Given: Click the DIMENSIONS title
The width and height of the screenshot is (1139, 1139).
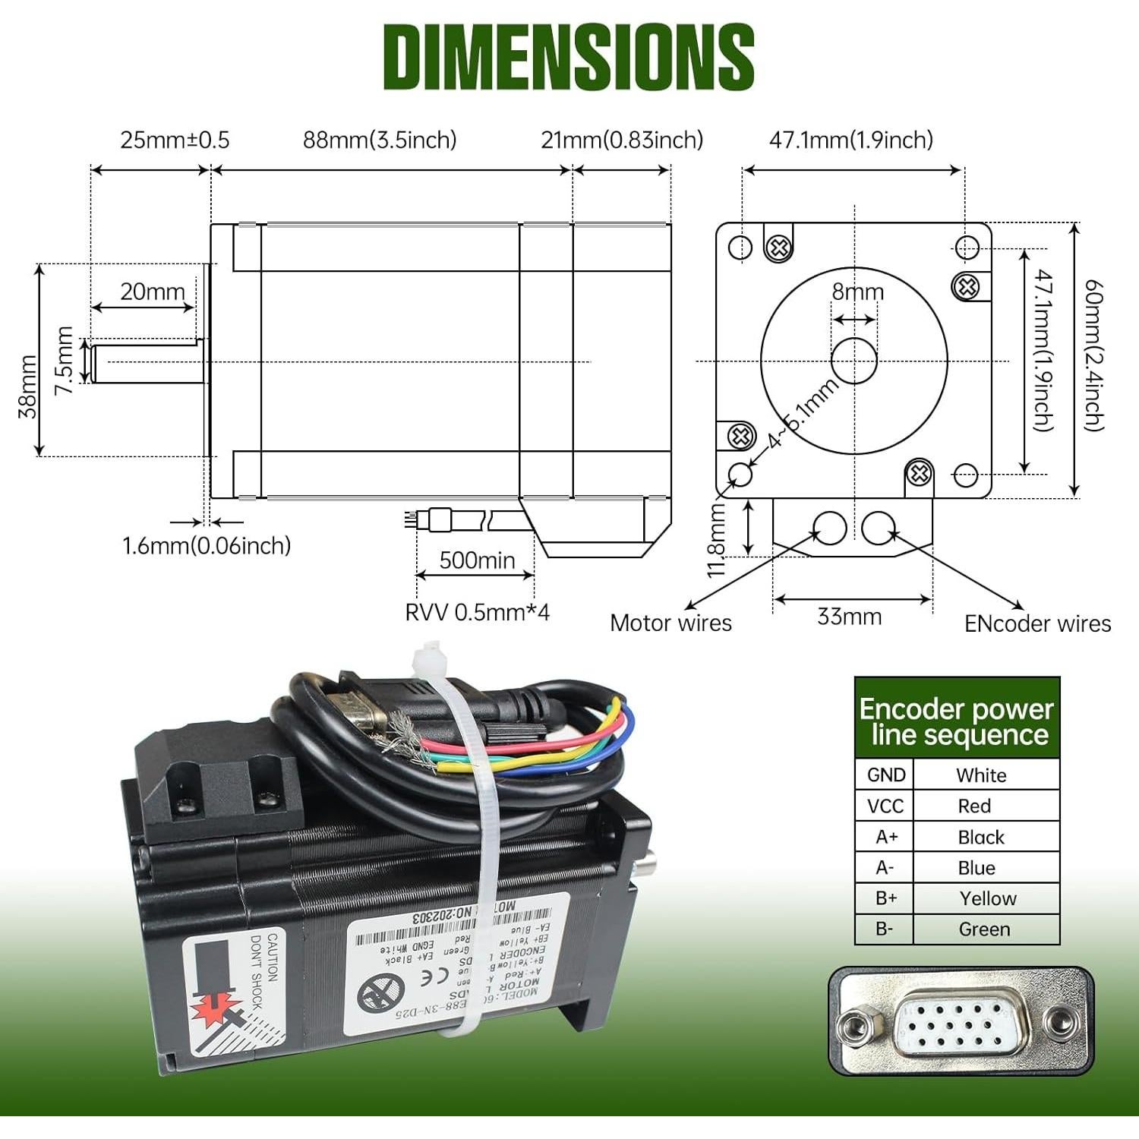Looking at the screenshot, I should [x=568, y=57].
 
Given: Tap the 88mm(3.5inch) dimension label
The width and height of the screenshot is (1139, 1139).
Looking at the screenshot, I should [x=380, y=140].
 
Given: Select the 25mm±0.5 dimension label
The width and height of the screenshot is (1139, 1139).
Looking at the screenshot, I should [x=175, y=140].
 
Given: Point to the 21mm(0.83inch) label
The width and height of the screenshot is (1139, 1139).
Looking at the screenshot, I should [x=622, y=140].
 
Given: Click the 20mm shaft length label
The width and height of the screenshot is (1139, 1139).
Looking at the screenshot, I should [x=153, y=292].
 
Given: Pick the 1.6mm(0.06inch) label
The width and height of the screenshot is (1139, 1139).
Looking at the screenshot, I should [x=207, y=545].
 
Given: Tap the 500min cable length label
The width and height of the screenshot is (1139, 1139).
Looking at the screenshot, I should [x=477, y=560].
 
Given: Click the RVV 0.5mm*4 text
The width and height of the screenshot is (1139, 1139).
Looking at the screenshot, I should [x=477, y=612].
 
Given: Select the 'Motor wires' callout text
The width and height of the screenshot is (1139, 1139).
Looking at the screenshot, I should [x=670, y=623].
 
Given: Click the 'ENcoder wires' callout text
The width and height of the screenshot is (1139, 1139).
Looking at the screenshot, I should [x=1037, y=624].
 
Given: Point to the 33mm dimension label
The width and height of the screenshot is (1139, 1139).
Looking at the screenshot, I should [x=849, y=617].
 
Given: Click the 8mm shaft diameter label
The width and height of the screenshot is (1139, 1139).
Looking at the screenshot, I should [x=858, y=292].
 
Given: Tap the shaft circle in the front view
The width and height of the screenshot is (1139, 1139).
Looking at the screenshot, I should [x=854, y=361].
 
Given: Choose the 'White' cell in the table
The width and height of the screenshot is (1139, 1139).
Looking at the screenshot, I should [x=981, y=775].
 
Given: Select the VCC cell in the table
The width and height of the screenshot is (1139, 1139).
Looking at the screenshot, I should [x=885, y=806].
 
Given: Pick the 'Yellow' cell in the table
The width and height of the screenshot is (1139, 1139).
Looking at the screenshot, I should [x=987, y=898].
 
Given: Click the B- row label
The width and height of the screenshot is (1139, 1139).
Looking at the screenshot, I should [x=885, y=929].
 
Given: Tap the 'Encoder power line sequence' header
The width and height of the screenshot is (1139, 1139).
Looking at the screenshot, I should [x=957, y=721].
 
